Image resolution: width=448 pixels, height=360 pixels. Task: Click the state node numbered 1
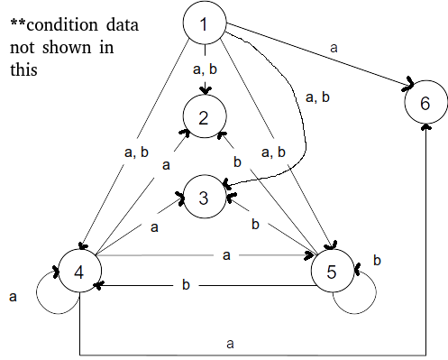coord(205,23)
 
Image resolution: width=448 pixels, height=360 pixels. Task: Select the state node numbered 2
coord(205,116)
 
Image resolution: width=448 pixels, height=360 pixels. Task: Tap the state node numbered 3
coord(205,197)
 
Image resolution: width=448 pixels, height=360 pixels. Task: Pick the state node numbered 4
coord(79,271)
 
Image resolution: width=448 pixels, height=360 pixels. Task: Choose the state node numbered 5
coord(333,271)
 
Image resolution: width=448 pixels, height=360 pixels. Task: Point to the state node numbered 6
coord(426,102)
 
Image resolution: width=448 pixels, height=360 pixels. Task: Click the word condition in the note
coord(62,24)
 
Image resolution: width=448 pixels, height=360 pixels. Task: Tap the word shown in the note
coord(67,47)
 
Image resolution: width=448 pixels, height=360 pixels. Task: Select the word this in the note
coord(23,69)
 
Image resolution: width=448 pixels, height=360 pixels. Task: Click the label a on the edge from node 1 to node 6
coord(334,48)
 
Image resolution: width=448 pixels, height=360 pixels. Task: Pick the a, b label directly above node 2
coord(205,69)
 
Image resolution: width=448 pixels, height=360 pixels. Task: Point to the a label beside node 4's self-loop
coord(13,297)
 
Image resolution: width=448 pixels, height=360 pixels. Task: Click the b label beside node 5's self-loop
coord(377,260)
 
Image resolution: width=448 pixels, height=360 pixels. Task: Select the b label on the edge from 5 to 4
coord(186,284)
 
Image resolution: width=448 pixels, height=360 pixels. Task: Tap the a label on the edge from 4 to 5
coord(226,255)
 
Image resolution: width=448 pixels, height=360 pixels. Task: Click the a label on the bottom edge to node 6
coord(230,344)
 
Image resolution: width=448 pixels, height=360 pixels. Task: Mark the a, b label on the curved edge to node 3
coord(317,97)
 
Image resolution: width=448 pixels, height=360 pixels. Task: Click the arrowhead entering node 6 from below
coord(425,126)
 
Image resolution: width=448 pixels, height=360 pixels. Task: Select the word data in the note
coord(123,24)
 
